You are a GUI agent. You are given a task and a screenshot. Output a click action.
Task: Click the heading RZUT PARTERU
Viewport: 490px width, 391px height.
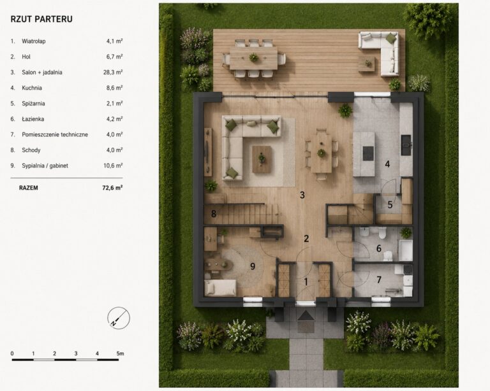41,19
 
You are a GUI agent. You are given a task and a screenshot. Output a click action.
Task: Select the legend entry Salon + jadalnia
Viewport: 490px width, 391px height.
42,73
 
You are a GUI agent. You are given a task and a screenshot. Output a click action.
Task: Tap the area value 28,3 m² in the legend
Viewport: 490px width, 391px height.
113,73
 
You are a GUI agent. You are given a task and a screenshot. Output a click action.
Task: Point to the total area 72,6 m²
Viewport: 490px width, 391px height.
112,188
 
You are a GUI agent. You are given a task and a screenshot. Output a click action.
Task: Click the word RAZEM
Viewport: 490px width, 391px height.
29,188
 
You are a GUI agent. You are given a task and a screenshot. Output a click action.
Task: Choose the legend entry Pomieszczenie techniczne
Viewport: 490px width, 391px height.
55,135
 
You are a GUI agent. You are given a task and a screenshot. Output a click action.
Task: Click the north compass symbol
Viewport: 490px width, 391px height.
119,318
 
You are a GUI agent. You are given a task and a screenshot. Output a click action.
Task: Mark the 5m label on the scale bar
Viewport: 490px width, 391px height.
121,353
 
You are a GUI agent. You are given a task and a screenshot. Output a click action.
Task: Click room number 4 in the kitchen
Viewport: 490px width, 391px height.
387,164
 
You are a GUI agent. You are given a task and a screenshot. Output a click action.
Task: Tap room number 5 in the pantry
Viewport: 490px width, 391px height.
390,204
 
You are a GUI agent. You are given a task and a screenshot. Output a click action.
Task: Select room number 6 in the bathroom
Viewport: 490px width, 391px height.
379,248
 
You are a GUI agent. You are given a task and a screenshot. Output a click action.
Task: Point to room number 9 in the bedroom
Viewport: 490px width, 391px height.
253,266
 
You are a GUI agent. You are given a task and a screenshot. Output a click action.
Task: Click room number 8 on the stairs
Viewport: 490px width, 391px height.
214,213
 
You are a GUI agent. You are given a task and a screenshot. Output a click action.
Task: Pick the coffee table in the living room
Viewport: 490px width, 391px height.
262,159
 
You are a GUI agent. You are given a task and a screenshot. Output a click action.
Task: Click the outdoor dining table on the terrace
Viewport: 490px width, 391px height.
253,58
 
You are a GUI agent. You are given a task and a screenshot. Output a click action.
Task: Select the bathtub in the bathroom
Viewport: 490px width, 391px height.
405,250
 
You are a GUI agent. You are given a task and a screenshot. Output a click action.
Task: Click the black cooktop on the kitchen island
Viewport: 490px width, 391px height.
368,153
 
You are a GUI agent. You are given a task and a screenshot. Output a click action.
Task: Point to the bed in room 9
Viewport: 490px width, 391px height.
220,287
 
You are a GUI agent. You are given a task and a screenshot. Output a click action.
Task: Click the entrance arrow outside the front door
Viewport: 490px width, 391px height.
306,316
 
